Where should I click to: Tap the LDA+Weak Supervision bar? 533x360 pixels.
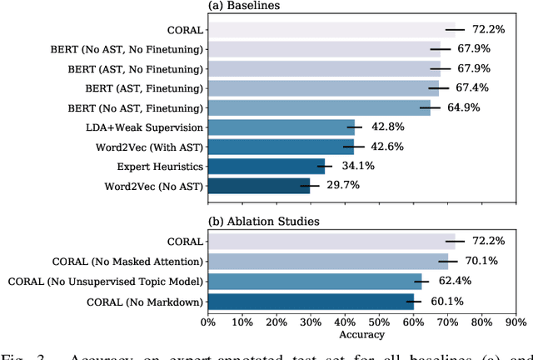280,127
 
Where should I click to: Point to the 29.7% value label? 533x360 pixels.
341,184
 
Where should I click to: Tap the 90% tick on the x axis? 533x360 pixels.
516,322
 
